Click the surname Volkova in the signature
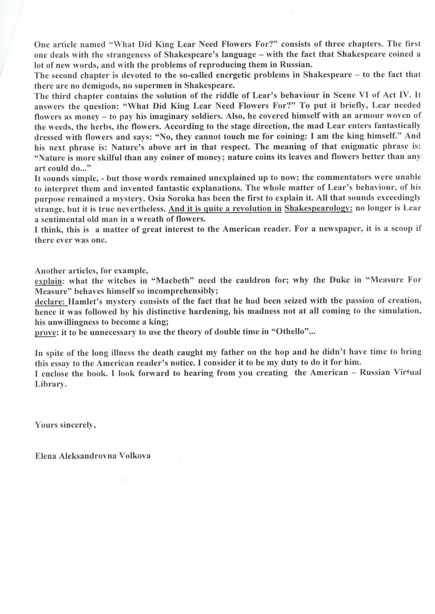135,456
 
